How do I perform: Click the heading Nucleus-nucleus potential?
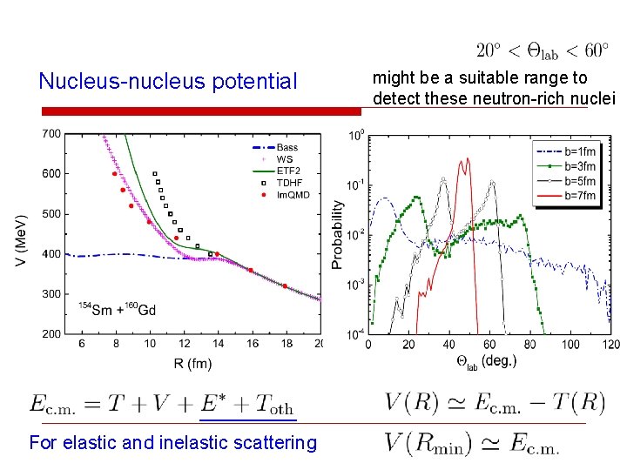(168, 82)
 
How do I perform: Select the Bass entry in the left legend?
(287, 148)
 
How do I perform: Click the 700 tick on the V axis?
(51, 134)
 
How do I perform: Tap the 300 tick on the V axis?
(51, 294)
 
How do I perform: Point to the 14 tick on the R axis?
(217, 345)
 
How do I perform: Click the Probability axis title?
(338, 233)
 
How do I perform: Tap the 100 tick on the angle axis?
(570, 345)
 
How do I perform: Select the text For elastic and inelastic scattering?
(173, 443)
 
